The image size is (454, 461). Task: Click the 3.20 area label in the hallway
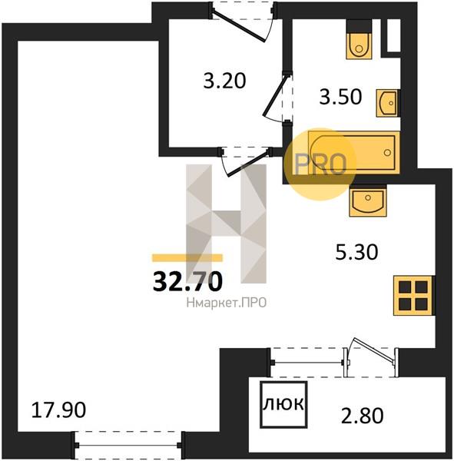tap(224, 81)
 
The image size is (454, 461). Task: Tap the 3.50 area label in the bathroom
tap(340, 97)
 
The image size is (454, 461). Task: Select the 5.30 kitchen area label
tap(356, 252)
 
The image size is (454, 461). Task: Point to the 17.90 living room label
tap(58, 410)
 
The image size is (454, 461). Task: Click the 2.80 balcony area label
tap(363, 416)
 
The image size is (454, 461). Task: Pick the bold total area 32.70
tap(187, 281)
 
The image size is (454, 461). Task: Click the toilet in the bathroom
tap(359, 39)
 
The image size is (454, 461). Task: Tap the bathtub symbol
tap(353, 152)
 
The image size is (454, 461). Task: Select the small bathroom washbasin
tap(388, 103)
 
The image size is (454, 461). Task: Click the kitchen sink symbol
tap(367, 201)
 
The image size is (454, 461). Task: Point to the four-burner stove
tap(413, 296)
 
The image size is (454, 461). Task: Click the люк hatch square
tap(283, 405)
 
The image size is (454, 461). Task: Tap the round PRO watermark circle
tap(320, 164)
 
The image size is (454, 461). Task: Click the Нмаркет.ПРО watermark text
tap(227, 303)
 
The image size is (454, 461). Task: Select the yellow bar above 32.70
tap(187, 258)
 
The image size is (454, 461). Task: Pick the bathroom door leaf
tap(274, 95)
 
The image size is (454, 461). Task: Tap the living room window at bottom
tap(128, 446)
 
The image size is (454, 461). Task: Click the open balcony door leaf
tap(373, 350)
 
